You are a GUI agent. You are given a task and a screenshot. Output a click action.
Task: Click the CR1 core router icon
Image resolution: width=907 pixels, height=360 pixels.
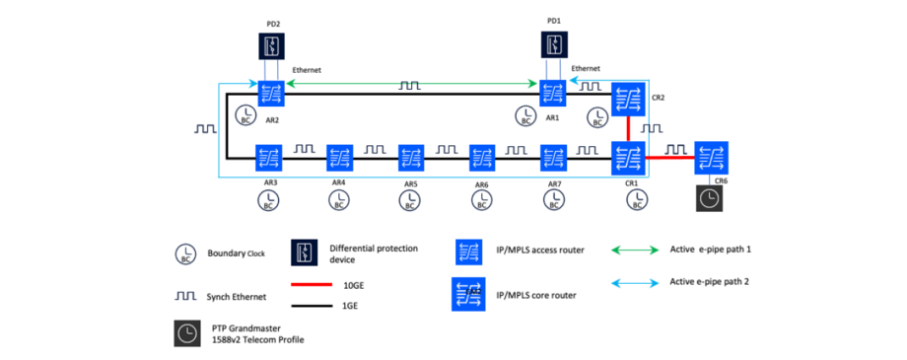pyautogui.click(x=626, y=157)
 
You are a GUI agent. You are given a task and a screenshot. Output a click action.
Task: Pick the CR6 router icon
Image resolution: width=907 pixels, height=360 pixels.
pyautogui.click(x=710, y=157)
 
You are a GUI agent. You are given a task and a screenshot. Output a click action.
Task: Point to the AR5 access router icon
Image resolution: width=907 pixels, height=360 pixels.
pyautogui.click(x=411, y=157)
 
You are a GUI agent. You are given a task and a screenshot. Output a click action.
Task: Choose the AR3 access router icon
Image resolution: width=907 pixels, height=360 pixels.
pyautogui.click(x=268, y=157)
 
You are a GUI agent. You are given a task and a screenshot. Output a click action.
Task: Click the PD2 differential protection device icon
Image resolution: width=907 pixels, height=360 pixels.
pyautogui.click(x=271, y=45)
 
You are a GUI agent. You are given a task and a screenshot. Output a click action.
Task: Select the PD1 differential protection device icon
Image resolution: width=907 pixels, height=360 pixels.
pyautogui.click(x=554, y=45)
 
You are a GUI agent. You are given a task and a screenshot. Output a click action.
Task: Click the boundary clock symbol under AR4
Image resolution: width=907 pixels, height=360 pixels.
pyautogui.click(x=338, y=200)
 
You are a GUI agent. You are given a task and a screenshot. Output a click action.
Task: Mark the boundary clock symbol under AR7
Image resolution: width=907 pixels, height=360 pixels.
pyautogui.click(x=553, y=200)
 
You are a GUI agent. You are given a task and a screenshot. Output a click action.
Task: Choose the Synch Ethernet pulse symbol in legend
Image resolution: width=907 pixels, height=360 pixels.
pyautogui.click(x=184, y=294)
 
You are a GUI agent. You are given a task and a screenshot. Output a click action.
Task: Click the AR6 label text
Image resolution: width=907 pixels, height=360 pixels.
pyautogui.click(x=481, y=182)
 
